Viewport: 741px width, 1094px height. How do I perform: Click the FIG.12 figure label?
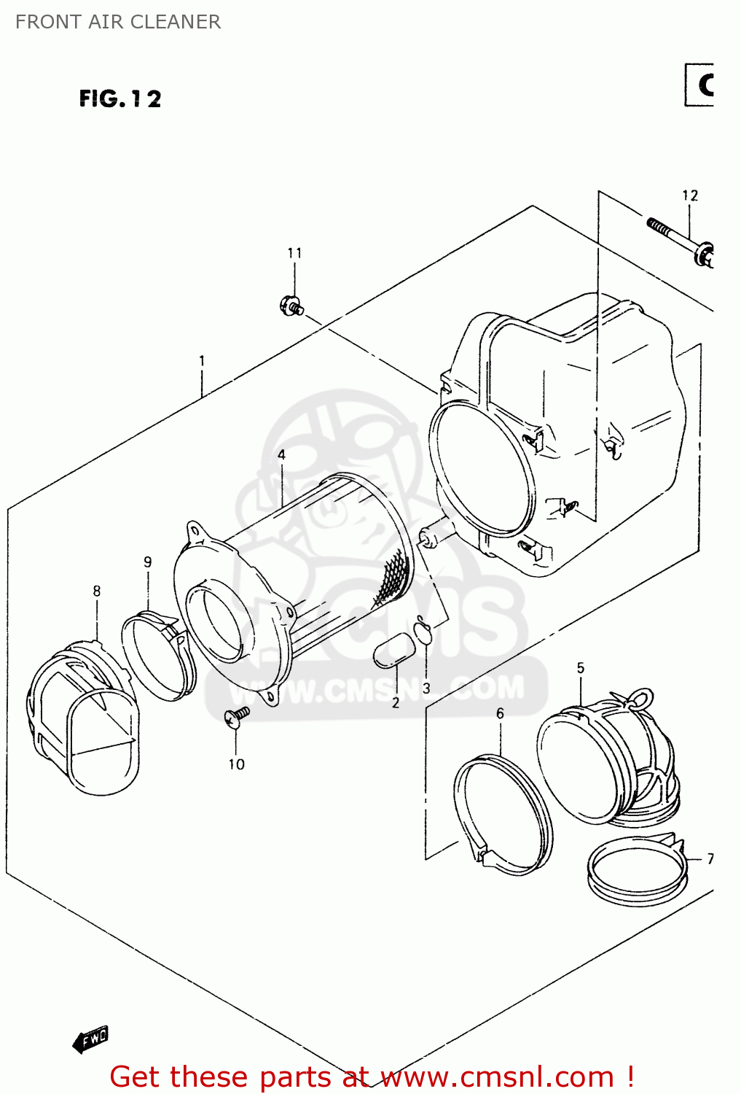[120, 98]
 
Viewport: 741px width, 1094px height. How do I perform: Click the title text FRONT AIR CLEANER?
[117, 22]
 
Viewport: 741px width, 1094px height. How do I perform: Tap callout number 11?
[294, 253]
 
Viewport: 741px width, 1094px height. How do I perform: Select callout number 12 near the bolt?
[689, 195]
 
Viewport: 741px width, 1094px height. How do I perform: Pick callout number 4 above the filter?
[281, 455]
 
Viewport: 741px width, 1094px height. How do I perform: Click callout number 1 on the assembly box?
[202, 361]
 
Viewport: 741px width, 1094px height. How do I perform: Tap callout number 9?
[148, 562]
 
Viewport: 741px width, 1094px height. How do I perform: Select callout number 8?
[97, 591]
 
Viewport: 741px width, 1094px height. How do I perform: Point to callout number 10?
[236, 764]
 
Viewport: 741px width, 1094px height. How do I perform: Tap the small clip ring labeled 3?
[423, 631]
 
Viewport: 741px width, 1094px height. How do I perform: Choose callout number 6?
[500, 713]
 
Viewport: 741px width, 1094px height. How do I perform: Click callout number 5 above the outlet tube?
[580, 668]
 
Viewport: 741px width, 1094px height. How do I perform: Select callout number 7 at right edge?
[710, 859]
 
